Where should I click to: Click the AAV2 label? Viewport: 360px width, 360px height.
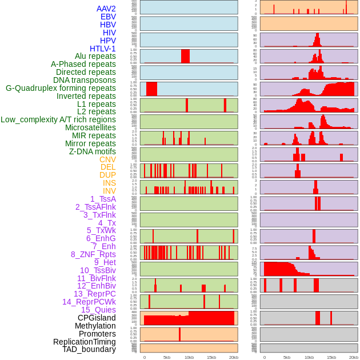pos(106,9)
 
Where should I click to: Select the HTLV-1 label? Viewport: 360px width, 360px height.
pos(103,49)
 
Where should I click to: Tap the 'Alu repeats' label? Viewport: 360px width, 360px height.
pos(95,56)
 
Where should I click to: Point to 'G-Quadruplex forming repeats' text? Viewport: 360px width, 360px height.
pos(61,88)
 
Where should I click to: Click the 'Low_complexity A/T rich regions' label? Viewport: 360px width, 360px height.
pos(58,119)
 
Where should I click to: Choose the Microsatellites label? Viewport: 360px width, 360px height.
pos(90,127)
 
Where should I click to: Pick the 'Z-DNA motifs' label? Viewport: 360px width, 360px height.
pos(93,151)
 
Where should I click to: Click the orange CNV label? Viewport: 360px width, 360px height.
pos(107,159)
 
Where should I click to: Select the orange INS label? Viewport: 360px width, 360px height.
pos(109,183)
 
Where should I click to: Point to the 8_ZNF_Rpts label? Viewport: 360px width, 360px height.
pos(93,254)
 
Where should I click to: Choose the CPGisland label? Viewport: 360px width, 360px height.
pos(97,318)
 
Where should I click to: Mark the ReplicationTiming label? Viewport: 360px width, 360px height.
pos(85,342)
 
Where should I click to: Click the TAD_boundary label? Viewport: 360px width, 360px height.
pos(89,349)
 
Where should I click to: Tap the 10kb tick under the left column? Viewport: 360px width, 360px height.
pos(189,357)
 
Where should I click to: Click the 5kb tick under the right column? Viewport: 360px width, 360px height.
pos(287,357)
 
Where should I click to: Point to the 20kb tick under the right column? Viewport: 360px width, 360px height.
pos(354,357)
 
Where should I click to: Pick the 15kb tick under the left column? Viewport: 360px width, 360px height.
pos(211,357)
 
